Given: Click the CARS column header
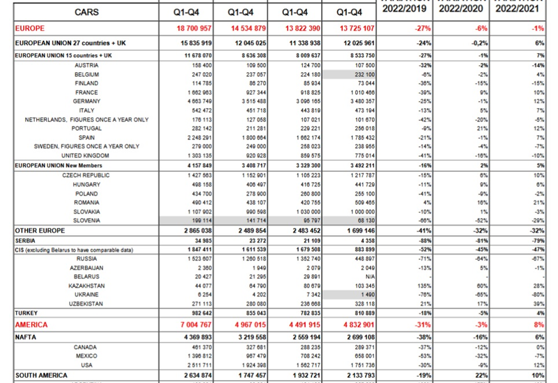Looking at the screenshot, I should tap(86, 12).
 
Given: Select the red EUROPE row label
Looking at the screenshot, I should tap(30, 28).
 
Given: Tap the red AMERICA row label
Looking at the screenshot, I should tap(31, 325).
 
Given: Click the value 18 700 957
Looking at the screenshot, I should tap(193, 28).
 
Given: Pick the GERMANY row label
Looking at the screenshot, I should tap(86, 101).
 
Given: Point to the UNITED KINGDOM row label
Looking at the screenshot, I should tap(86, 156).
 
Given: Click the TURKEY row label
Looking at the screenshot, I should tap(27, 313).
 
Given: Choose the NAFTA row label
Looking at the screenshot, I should tap(26, 337).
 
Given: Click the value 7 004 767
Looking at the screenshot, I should tap(193, 325).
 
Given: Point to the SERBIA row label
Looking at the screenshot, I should tap(26, 240).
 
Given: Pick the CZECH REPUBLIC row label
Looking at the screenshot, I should tap(86, 175).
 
